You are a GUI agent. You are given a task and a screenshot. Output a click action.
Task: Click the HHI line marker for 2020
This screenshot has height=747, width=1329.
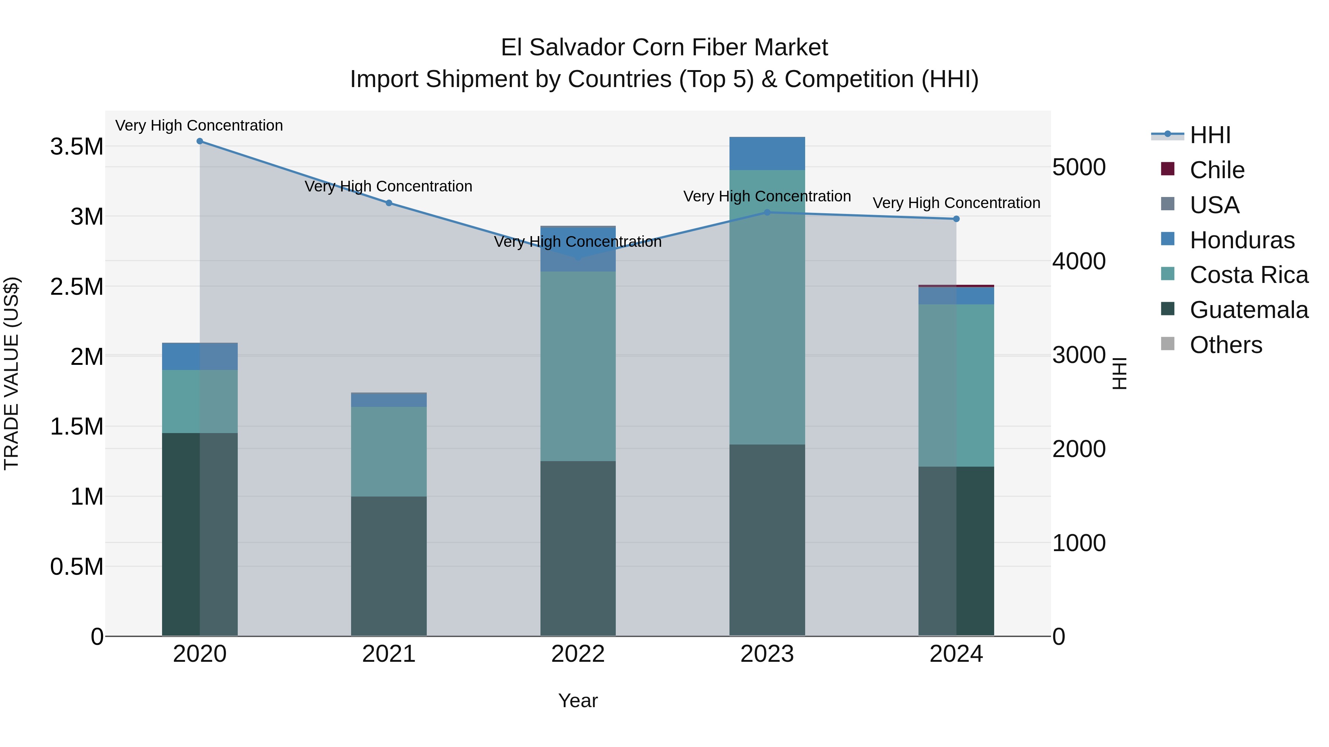(200, 141)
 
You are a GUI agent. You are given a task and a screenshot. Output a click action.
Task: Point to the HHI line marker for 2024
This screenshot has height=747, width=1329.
(956, 219)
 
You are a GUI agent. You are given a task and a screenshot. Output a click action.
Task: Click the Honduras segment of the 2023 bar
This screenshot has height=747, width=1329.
(767, 153)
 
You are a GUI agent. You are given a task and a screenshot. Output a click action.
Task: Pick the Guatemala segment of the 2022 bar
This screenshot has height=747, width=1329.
(578, 548)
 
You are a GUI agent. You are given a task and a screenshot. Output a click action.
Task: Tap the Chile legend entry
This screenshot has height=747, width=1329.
(1216, 170)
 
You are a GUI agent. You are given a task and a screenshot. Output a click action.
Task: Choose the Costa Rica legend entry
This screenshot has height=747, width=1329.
(1249, 275)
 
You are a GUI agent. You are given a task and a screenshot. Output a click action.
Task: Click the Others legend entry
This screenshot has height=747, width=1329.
(1225, 345)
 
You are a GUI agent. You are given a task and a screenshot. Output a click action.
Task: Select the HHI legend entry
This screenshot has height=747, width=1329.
(1210, 135)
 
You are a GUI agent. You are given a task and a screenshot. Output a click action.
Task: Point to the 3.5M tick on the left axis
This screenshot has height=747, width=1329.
(77, 147)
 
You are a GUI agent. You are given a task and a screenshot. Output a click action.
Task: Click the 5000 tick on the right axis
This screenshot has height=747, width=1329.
(1079, 167)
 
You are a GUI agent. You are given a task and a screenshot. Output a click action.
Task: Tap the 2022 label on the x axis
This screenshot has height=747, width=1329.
(578, 654)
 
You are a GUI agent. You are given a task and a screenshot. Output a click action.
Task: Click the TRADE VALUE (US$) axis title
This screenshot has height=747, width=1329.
(12, 373)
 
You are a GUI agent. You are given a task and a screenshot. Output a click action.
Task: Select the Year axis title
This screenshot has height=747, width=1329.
(578, 701)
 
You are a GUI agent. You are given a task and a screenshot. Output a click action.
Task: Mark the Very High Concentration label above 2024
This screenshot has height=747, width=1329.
(956, 203)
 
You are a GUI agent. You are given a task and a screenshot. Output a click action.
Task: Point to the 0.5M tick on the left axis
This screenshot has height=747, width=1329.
(77, 567)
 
